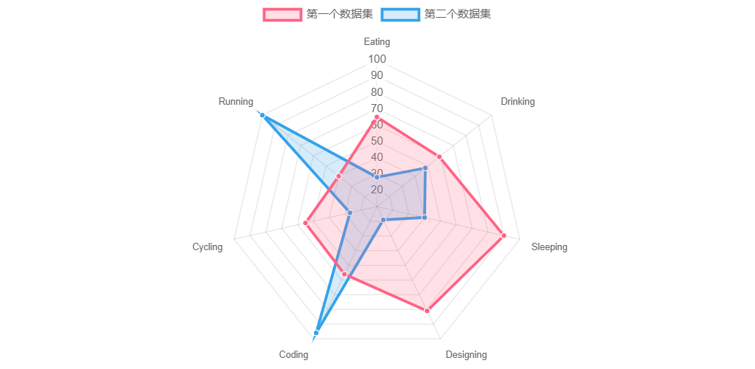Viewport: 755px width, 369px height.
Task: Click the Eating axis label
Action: coord(377,42)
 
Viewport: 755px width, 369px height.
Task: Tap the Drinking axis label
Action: coord(518,102)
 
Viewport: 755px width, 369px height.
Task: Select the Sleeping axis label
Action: coord(549,247)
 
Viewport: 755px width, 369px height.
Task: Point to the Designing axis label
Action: coord(466,355)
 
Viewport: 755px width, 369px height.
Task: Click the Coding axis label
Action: coord(293,355)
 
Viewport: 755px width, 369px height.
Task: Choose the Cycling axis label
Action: coord(207,247)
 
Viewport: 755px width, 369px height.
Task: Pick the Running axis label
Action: coord(236,102)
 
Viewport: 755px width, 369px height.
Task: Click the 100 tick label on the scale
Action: coord(377,60)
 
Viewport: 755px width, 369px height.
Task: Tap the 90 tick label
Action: coord(377,76)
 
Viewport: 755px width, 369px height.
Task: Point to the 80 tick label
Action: coord(377,92)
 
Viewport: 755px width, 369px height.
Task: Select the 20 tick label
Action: coord(377,190)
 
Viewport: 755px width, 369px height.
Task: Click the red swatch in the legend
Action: coord(282,15)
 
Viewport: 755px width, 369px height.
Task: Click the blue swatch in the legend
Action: coord(400,15)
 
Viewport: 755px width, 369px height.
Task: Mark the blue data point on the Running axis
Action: coord(262,114)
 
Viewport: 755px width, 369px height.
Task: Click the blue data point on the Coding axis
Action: coord(316,333)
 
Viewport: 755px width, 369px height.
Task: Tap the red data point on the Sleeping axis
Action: coord(504,235)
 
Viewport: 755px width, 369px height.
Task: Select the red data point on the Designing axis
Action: coord(427,311)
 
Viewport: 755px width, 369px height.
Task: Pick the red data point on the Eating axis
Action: coord(377,117)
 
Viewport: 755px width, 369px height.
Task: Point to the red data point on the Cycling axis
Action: coord(305,223)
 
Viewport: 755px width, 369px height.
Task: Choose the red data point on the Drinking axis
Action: coord(439,156)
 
